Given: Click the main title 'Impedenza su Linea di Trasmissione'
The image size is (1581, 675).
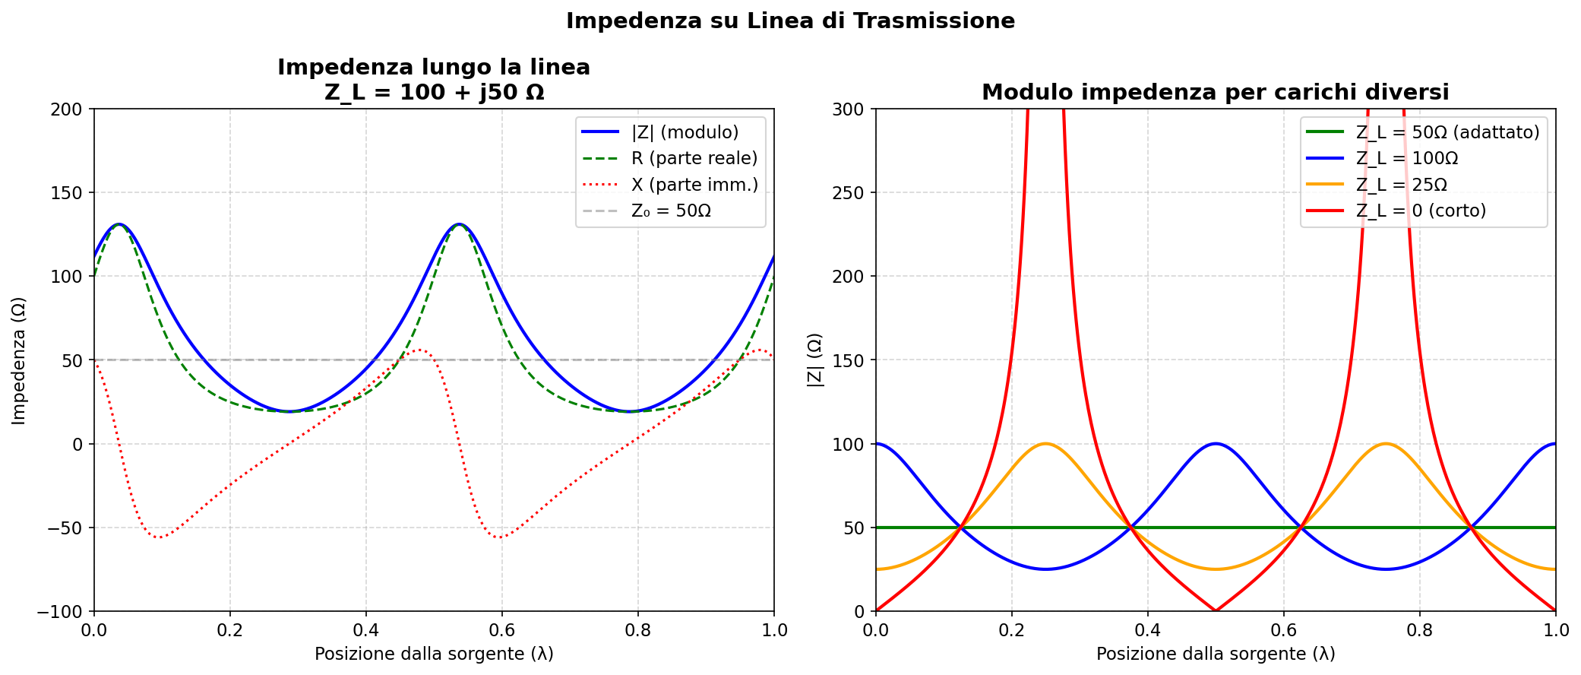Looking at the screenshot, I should tap(790, 21).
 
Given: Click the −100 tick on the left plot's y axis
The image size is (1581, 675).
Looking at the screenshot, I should tap(62, 611).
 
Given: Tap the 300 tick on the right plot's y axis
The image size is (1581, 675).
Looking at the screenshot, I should tap(849, 109).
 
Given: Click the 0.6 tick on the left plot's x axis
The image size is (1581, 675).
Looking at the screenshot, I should tap(501, 630).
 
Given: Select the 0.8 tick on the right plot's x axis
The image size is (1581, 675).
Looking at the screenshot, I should tap(1419, 630).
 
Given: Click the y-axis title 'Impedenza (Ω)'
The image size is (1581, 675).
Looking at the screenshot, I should tap(19, 360).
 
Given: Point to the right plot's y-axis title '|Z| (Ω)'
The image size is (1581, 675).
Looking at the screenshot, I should tap(814, 360).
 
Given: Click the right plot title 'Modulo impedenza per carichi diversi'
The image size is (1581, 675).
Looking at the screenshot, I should tap(1215, 93).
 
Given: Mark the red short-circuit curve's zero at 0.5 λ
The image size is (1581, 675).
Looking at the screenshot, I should tap(1216, 610).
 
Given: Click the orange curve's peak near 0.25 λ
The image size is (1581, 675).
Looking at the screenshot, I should tap(1045, 443).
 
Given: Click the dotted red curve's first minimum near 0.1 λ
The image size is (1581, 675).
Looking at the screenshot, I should tap(159, 537).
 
